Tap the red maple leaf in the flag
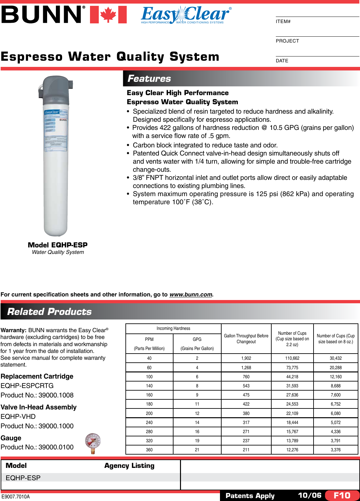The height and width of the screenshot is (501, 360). click(x=108, y=15)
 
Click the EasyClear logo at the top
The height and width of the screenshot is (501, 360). click(x=186, y=15)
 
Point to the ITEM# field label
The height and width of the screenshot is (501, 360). click(x=283, y=21)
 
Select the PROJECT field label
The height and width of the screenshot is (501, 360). click(x=287, y=41)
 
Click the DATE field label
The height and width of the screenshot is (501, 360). click(x=282, y=61)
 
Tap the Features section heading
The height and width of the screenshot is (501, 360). click(x=149, y=79)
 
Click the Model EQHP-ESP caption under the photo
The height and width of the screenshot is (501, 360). click(x=58, y=245)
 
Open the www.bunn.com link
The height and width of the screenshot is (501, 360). click(x=191, y=294)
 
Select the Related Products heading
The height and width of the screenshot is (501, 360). click(x=49, y=312)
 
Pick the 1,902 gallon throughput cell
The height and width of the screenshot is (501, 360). click(x=246, y=358)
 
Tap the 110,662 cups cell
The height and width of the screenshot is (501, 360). click(x=292, y=358)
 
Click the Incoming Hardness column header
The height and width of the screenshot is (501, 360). click(x=173, y=329)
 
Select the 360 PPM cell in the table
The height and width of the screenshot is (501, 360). click(x=149, y=450)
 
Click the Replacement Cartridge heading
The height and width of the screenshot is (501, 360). click(x=37, y=376)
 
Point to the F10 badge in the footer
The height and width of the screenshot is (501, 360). click(x=342, y=495)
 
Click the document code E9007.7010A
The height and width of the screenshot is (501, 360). click(x=15, y=497)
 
